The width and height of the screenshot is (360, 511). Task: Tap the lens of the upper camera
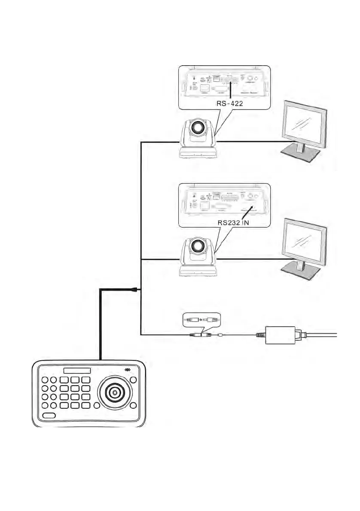pos(198,127)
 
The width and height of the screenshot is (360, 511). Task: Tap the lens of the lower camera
pos(198,246)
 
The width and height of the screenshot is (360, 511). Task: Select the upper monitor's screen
pos(302,125)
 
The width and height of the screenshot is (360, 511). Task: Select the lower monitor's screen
pos(302,243)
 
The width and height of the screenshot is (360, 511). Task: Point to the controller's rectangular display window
pos(77,370)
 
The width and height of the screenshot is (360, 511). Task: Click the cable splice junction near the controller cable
pos(135,290)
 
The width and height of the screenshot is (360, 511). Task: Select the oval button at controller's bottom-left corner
pos(49,415)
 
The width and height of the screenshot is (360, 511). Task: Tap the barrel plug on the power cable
pos(196,334)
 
